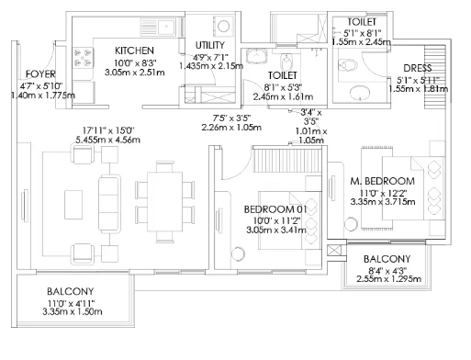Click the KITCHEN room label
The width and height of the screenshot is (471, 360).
(x=134, y=51)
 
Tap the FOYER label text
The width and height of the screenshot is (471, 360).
(x=40, y=74)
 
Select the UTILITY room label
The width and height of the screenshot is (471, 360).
(x=210, y=45)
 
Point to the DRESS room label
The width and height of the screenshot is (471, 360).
(x=418, y=68)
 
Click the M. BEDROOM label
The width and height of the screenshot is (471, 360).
(x=383, y=181)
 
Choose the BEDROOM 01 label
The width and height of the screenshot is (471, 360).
(x=275, y=209)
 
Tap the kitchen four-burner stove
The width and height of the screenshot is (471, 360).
(x=83, y=58)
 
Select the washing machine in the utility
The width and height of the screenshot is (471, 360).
(x=223, y=26)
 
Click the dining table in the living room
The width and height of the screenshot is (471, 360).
(x=164, y=202)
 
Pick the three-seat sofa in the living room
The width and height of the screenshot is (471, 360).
(x=109, y=202)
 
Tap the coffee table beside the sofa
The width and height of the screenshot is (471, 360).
(x=73, y=205)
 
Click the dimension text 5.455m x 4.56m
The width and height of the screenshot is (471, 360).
(x=108, y=140)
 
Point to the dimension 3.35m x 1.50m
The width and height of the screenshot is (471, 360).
(x=73, y=312)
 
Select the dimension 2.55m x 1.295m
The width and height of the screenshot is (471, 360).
(x=388, y=279)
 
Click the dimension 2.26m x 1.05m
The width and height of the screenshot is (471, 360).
(x=231, y=127)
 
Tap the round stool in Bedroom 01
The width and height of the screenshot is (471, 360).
(x=238, y=253)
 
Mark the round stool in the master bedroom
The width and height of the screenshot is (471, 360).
(x=351, y=224)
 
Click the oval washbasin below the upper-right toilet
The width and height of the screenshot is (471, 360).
(x=359, y=92)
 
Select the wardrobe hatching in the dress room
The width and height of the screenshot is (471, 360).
(x=434, y=76)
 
